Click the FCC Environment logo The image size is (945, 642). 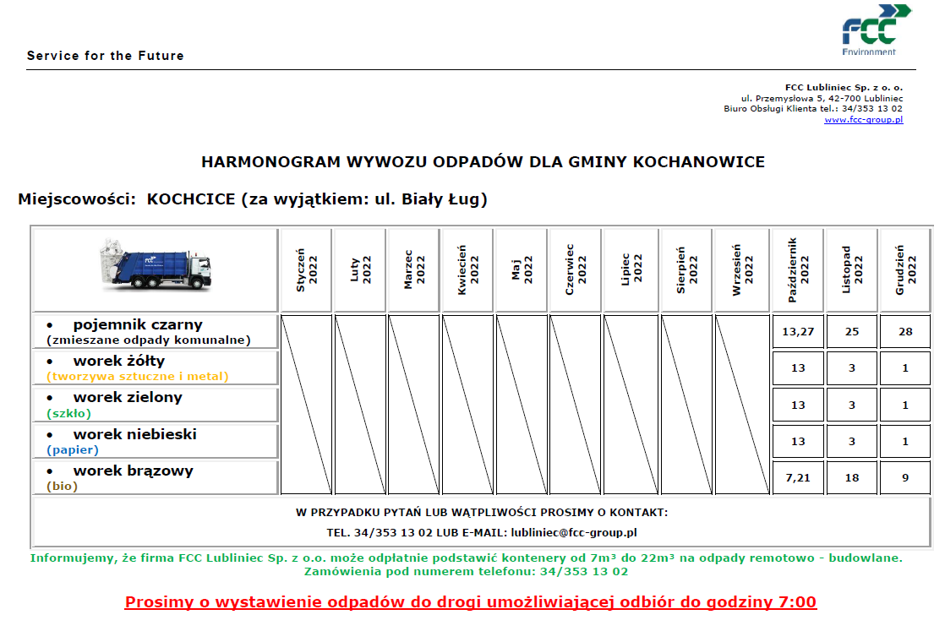[x=875, y=30]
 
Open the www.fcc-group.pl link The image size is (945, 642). [x=863, y=120]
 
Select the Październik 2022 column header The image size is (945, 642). [x=798, y=270]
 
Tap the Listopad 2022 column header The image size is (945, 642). [x=852, y=270]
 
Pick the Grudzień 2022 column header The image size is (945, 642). [x=905, y=270]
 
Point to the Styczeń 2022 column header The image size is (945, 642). [x=306, y=270]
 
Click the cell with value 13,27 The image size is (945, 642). [x=798, y=332]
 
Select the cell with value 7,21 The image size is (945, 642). [x=798, y=478]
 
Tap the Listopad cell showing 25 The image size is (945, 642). [x=852, y=332]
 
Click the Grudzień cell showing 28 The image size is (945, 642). [x=905, y=332]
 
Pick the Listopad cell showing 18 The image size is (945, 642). [x=852, y=478]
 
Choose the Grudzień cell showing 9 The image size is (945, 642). [x=905, y=478]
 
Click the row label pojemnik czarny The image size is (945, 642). [x=138, y=324]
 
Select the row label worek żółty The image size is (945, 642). [x=119, y=362]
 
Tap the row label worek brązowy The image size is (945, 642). [x=133, y=471]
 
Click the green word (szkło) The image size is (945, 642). [x=68, y=413]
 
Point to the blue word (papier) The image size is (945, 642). [x=73, y=450]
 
